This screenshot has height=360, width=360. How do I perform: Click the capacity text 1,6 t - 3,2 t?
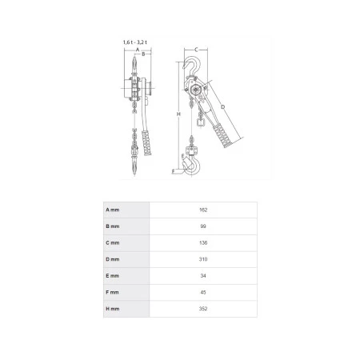pos(135,42)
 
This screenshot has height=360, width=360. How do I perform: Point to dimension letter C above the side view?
pos(196,50)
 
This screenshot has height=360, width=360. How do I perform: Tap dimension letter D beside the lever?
pos(223,107)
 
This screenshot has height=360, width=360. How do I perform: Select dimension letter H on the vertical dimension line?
pos(178,114)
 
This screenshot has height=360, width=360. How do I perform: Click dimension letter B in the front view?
pos(143,54)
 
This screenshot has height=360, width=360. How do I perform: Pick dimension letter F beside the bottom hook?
pos(173,171)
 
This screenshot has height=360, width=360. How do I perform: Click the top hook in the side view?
pos(192,66)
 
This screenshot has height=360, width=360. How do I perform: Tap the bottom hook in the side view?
pos(191,166)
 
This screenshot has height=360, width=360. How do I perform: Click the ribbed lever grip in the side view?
pos(222,136)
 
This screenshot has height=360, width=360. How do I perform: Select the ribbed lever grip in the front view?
pos(146,143)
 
